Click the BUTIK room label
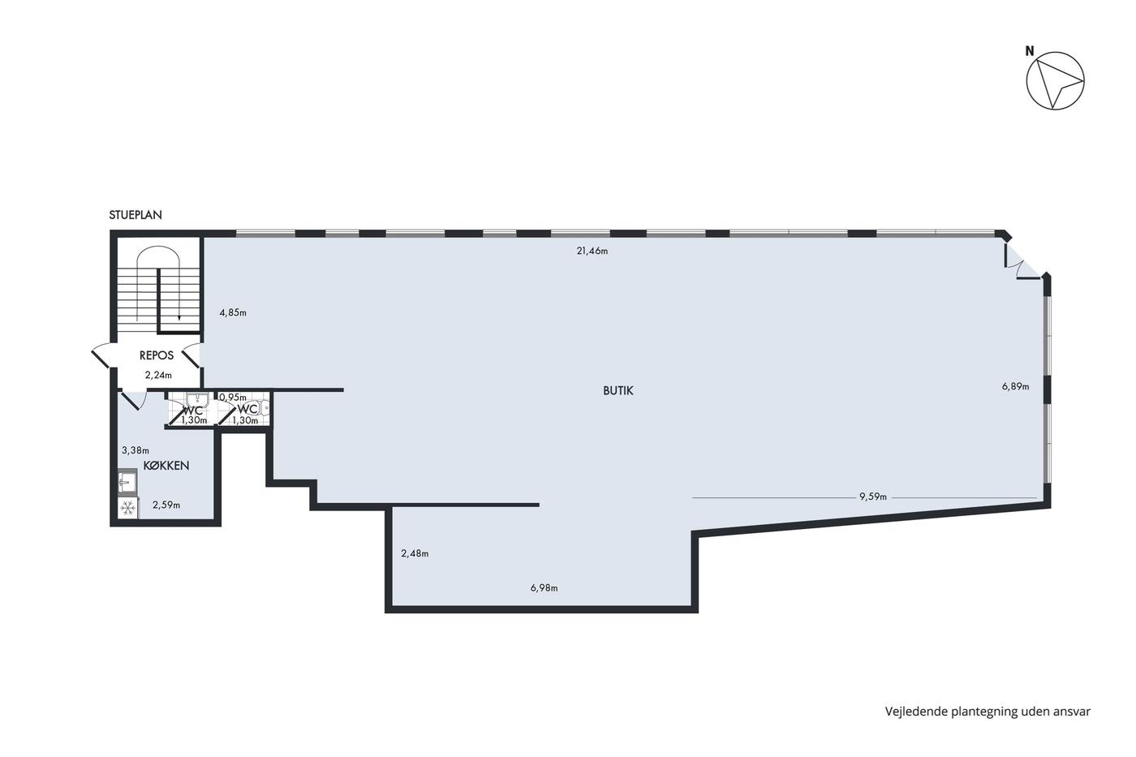[x=617, y=390]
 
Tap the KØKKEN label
[x=166, y=466]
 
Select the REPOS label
[x=156, y=355]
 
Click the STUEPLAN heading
[x=136, y=215]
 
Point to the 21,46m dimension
[x=592, y=251]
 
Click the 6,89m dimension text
[x=1015, y=386]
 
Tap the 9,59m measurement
[x=873, y=497]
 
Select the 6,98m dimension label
[x=544, y=588]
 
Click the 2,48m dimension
[x=415, y=553]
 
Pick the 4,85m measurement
[x=233, y=313]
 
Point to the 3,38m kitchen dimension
[x=136, y=450]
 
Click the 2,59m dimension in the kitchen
[x=166, y=505]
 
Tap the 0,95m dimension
[x=233, y=398]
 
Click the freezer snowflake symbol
[x=128, y=508]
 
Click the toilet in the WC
[x=262, y=407]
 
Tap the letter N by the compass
[x=1030, y=51]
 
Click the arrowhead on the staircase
[x=179, y=318]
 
